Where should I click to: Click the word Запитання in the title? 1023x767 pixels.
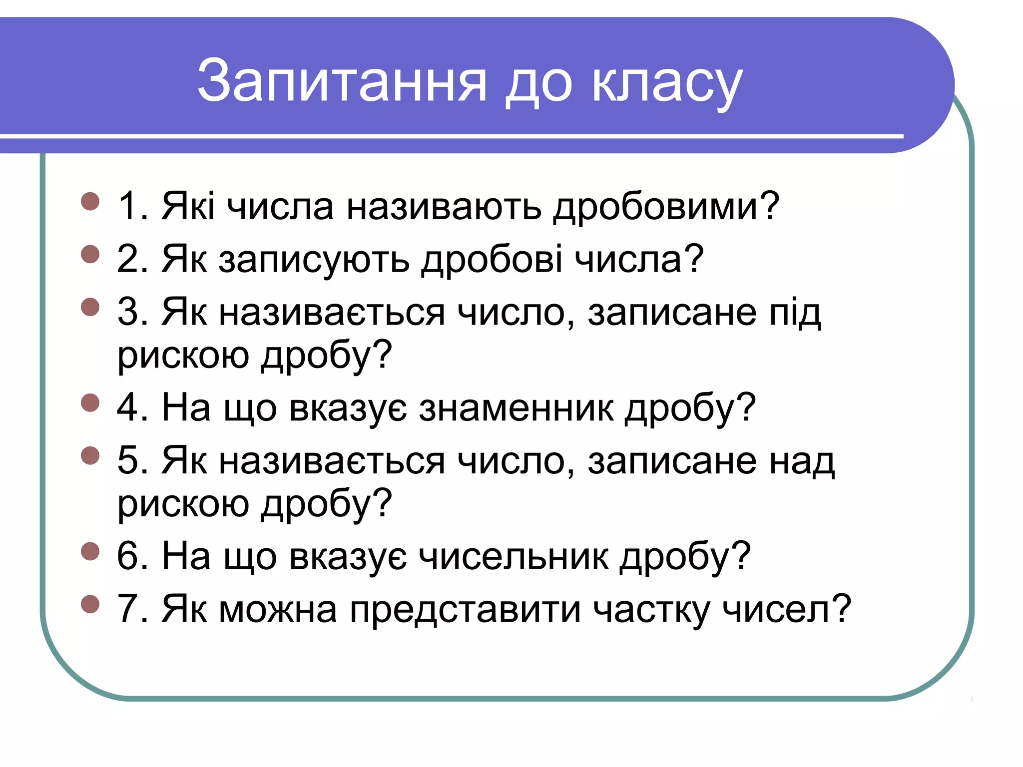click(342, 81)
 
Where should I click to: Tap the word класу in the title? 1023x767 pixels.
click(667, 82)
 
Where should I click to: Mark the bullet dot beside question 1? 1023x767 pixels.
click(90, 202)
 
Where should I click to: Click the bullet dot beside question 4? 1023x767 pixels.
click(90, 402)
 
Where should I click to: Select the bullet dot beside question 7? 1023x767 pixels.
click(90, 604)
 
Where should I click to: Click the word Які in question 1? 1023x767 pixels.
click(188, 206)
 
